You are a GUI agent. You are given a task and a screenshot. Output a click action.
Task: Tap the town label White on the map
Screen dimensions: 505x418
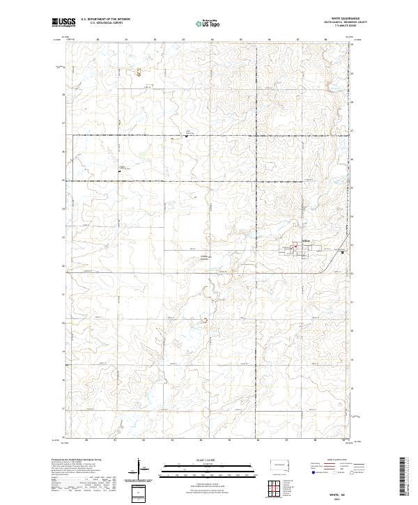click(x=304, y=242)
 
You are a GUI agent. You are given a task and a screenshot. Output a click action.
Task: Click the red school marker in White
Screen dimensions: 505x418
click(x=295, y=245)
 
